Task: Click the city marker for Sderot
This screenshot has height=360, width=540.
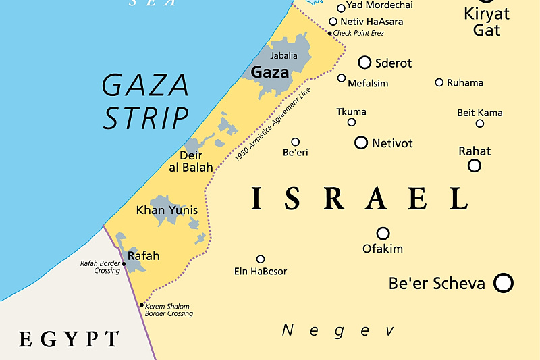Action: pyautogui.click(x=364, y=63)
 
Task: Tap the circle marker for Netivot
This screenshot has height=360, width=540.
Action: pyautogui.click(x=361, y=143)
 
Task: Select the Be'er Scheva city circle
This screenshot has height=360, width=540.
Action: pyautogui.click(x=504, y=282)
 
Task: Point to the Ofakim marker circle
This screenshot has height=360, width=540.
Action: pyautogui.click(x=383, y=233)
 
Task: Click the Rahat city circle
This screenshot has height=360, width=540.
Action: pyautogui.click(x=475, y=165)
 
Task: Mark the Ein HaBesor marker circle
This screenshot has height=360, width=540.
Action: pyautogui.click(x=261, y=259)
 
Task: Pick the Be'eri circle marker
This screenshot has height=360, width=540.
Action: pyautogui.click(x=295, y=142)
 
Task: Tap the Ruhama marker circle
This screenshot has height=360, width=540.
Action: pyautogui.click(x=439, y=82)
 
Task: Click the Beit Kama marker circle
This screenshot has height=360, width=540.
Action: pyautogui.click(x=480, y=123)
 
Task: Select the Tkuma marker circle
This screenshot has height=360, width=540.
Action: pyautogui.click(x=352, y=122)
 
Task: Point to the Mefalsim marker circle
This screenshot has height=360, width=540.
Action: pyautogui.click(x=342, y=78)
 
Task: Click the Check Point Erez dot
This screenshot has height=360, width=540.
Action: pyautogui.click(x=329, y=33)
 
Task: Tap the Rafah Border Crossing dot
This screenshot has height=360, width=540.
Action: pyautogui.click(x=124, y=264)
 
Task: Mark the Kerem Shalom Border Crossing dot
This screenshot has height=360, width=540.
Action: pyautogui.click(x=141, y=305)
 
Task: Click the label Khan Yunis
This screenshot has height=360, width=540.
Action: pyautogui.click(x=167, y=210)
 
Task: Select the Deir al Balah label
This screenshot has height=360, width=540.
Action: pyautogui.click(x=191, y=161)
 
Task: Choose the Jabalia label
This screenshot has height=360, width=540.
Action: pyautogui.click(x=283, y=55)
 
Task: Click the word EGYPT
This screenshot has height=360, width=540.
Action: pyautogui.click(x=69, y=338)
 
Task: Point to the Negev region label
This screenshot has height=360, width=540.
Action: pyautogui.click(x=337, y=330)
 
